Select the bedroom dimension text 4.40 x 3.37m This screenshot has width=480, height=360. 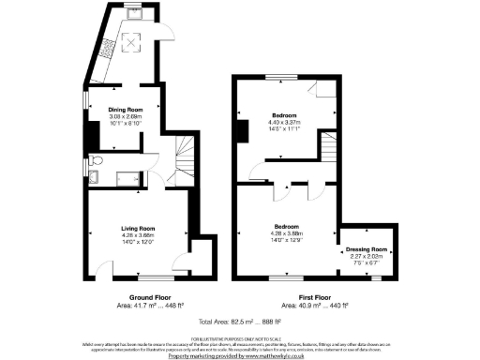point(284,123)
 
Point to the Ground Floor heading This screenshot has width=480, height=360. point(137,296)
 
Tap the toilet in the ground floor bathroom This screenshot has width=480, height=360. point(97,176)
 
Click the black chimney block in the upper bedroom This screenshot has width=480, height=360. point(241,131)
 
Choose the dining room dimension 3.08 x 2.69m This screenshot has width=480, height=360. point(124,117)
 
